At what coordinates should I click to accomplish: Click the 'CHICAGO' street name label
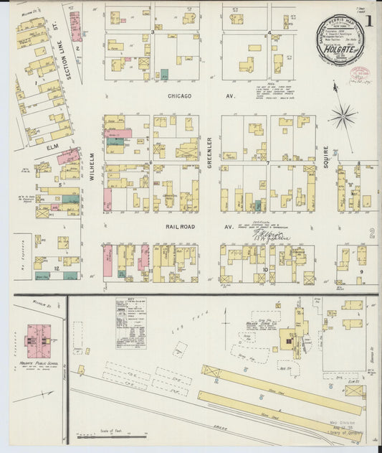[181, 95]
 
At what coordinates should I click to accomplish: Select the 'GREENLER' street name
[209, 150]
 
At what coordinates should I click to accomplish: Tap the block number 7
[267, 162]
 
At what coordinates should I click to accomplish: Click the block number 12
[55, 268]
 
